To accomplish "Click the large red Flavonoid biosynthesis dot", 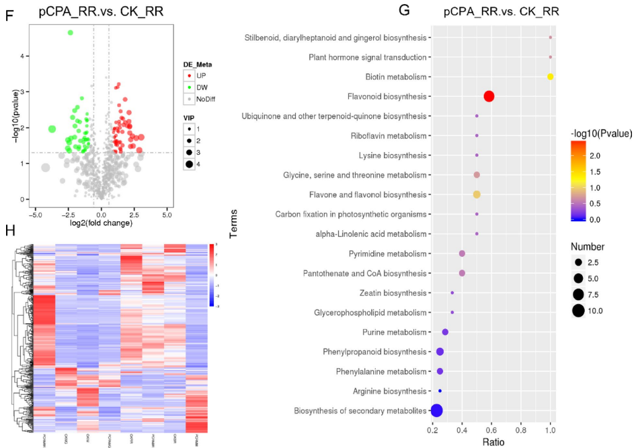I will pyautogui.click(x=489, y=97).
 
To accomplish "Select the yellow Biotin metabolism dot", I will pyautogui.click(x=550, y=77).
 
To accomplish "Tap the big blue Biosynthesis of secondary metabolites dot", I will pyautogui.click(x=436, y=410).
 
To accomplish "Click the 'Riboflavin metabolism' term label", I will pyautogui.click(x=389, y=136).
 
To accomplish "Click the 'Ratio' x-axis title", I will pyautogui.click(x=491, y=442).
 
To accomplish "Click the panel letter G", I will pyautogui.click(x=404, y=10).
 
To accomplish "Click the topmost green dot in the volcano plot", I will pyautogui.click(x=70, y=32).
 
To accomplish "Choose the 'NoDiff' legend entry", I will pyautogui.click(x=206, y=99).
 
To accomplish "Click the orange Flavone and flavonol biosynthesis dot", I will pyautogui.click(x=477, y=194).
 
